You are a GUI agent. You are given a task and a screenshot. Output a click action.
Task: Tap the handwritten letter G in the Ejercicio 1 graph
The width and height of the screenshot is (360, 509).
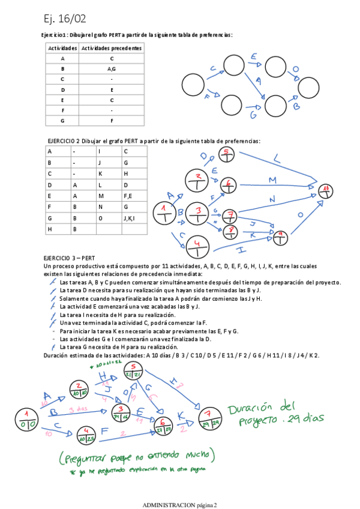pyautogui.click(x=254, y=114)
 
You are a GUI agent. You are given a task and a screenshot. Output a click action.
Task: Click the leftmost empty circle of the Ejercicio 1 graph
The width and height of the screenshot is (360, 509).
pyautogui.click(x=193, y=85)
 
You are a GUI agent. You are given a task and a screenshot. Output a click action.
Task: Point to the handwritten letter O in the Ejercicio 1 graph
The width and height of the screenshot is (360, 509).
pyautogui.click(x=295, y=70)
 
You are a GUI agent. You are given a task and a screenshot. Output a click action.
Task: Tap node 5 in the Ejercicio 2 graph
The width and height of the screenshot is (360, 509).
pyautogui.click(x=226, y=154)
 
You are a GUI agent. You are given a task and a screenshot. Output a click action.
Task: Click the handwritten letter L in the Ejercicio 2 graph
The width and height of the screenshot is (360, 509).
pyautogui.click(x=277, y=160)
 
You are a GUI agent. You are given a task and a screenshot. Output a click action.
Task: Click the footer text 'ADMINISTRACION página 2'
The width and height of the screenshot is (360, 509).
pyautogui.click(x=179, y=505)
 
